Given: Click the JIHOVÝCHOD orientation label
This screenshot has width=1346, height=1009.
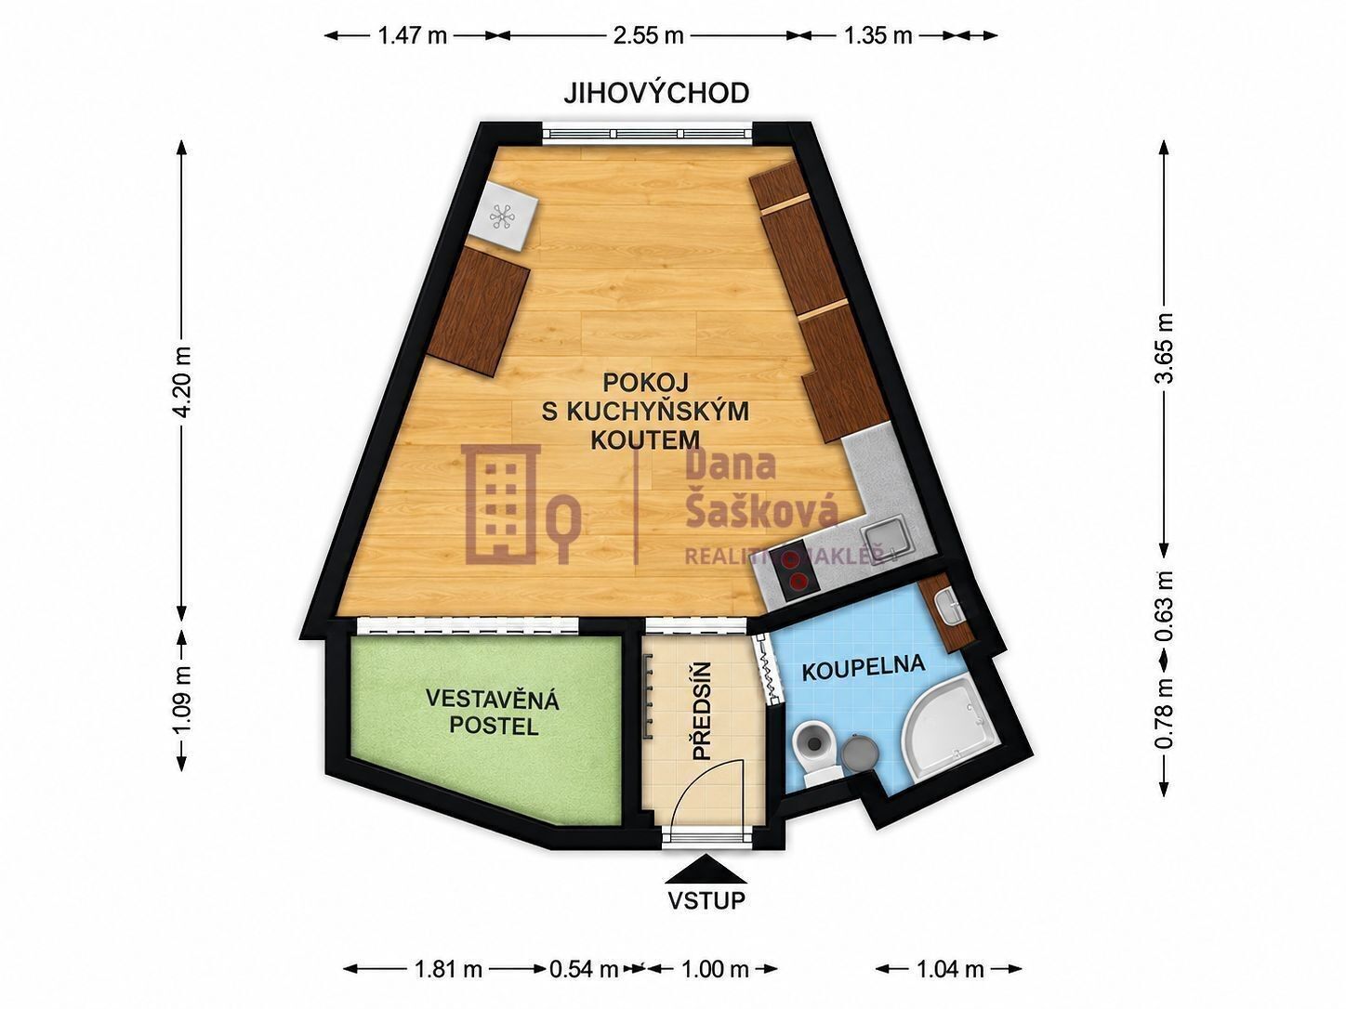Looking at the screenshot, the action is click(656, 93).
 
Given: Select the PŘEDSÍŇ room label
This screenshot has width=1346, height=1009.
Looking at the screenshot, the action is click(702, 712).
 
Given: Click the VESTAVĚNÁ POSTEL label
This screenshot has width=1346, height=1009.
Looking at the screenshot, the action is click(493, 713).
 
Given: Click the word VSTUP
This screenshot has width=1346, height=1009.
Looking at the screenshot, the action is click(706, 900).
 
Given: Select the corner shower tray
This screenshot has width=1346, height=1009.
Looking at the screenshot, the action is click(947, 734).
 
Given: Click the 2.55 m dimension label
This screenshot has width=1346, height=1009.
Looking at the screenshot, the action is click(648, 35).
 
